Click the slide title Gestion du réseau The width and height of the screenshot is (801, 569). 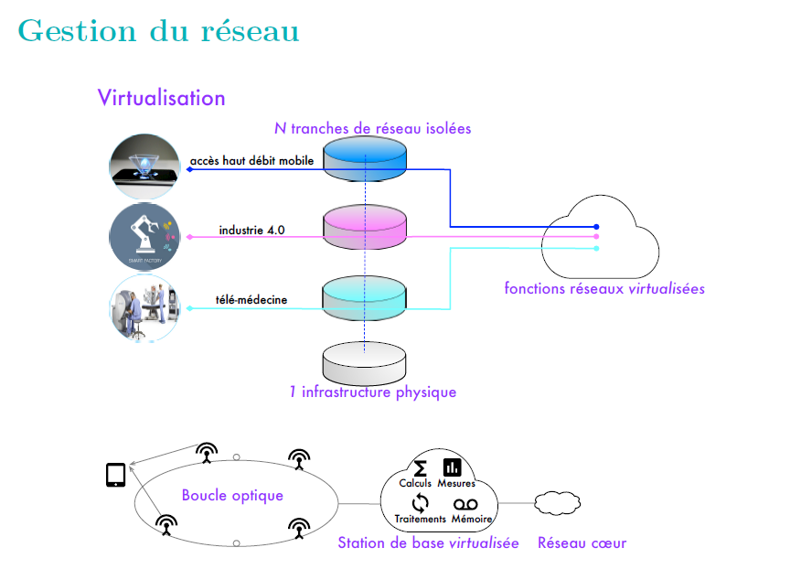(158, 30)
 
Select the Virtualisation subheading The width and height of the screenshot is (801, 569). (161, 97)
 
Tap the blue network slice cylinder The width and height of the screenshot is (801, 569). (366, 156)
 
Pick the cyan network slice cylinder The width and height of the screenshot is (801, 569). (366, 295)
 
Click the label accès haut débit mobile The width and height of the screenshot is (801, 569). (252, 161)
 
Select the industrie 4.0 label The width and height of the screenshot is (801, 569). (251, 230)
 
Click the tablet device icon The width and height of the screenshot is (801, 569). (116, 476)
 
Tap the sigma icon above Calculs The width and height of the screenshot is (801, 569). (421, 467)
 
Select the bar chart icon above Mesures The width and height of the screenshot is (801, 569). (452, 467)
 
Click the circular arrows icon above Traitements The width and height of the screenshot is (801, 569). (421, 502)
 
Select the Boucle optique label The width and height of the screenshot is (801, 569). (232, 496)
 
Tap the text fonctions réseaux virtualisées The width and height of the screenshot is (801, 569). (604, 288)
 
